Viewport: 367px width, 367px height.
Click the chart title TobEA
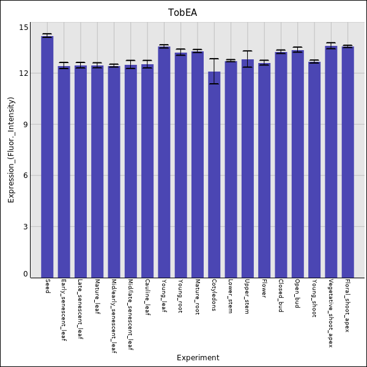[183, 13]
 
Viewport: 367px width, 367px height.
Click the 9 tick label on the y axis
[25, 125]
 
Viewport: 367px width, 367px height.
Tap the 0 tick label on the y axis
[25, 274]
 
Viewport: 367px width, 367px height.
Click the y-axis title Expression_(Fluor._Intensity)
[11, 150]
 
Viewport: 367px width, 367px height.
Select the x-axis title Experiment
[198, 358]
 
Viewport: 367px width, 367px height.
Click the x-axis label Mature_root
[197, 297]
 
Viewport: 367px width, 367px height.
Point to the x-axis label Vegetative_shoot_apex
[331, 314]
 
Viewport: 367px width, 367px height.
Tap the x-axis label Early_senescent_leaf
[64, 310]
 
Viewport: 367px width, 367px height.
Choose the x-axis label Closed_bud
[281, 295]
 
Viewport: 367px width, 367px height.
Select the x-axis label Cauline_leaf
[147, 297]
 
